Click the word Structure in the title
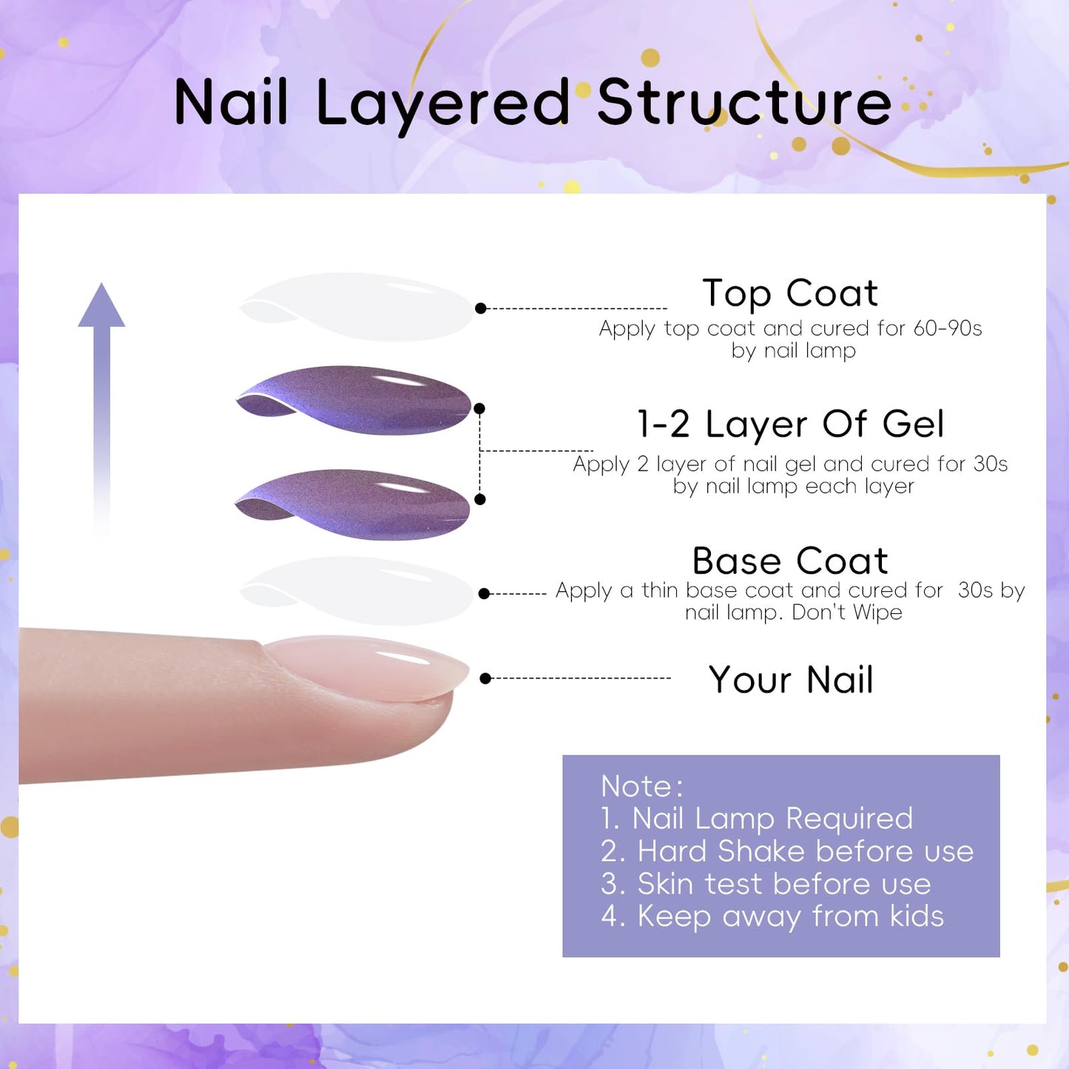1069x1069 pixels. pyautogui.click(x=743, y=103)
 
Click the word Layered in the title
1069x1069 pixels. pyautogui.click(x=442, y=104)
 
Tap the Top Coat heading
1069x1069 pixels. pyautogui.click(x=789, y=293)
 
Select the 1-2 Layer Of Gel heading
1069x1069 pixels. pyautogui.click(x=790, y=425)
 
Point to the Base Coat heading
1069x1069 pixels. pyautogui.click(x=789, y=561)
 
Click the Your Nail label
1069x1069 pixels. pyautogui.click(x=790, y=680)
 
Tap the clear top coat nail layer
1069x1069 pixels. pyautogui.click(x=357, y=307)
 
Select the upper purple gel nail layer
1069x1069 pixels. pyautogui.click(x=355, y=400)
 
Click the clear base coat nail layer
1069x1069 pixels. pyautogui.click(x=357, y=590)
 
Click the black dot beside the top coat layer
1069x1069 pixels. pyautogui.click(x=481, y=308)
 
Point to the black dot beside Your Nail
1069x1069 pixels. pyautogui.click(x=485, y=678)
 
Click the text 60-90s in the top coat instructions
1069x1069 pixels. pyautogui.click(x=947, y=328)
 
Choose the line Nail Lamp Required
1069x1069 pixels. pyautogui.click(x=757, y=818)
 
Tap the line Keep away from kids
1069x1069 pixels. pyautogui.click(x=772, y=916)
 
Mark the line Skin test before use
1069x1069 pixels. pyautogui.click(x=766, y=883)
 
